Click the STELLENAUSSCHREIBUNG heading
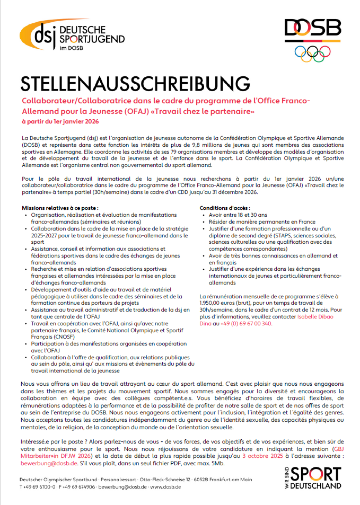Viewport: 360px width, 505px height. [x=135, y=84]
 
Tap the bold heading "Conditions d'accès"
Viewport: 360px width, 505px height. [x=225, y=208]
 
